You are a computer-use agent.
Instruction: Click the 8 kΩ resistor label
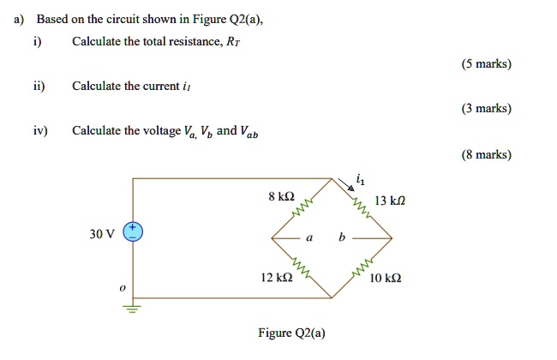pyautogui.click(x=281, y=196)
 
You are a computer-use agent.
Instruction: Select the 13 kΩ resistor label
pyautogui.click(x=390, y=201)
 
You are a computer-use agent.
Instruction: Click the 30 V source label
pyautogui.click(x=100, y=234)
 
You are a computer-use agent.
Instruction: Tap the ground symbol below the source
pyautogui.click(x=134, y=309)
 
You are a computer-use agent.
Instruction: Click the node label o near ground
pyautogui.click(x=123, y=290)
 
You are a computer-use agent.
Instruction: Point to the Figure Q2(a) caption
pyautogui.click(x=291, y=333)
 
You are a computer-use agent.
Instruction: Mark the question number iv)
pyautogui.click(x=40, y=131)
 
